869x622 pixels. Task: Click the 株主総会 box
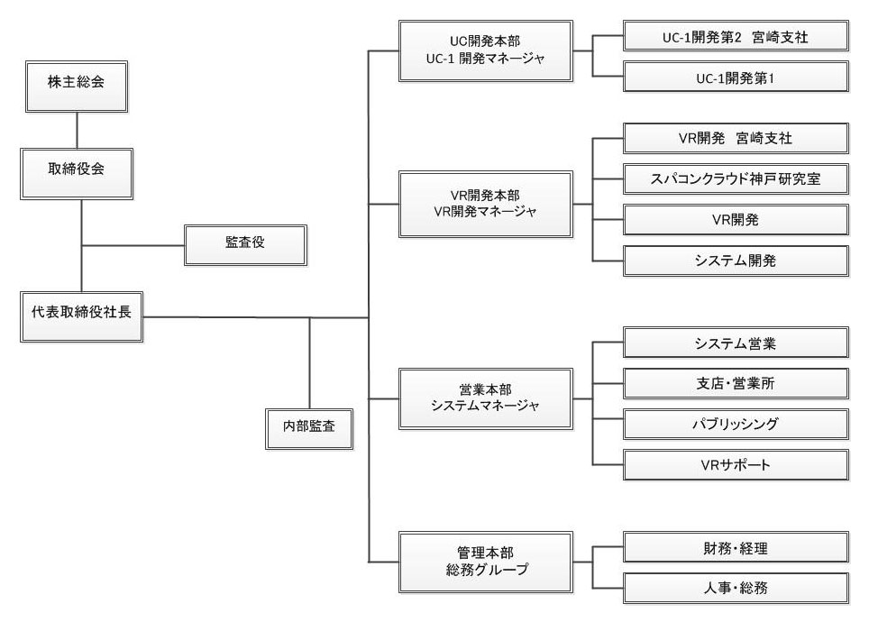tap(77, 87)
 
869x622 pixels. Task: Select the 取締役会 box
tap(77, 173)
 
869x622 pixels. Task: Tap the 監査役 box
tap(245, 244)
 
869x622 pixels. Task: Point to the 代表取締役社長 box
tap(81, 316)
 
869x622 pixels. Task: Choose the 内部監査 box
tap(309, 428)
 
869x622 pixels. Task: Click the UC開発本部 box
tap(486, 51)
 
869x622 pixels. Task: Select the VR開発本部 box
tap(486, 204)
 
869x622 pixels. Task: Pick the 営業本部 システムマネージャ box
tap(486, 398)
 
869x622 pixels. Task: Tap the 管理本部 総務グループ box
tap(486, 563)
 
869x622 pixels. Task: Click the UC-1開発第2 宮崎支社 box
tap(736, 36)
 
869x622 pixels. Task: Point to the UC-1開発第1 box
tap(736, 77)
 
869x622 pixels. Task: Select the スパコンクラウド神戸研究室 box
tap(736, 178)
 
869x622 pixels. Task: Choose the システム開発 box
tap(736, 261)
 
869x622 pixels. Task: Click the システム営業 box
tap(736, 343)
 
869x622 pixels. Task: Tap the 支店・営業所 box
tap(736, 383)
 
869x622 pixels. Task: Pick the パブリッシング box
tap(736, 424)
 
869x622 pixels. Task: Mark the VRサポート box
tap(736, 465)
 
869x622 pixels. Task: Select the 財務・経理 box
tap(736, 547)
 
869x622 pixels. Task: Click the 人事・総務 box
tap(736, 588)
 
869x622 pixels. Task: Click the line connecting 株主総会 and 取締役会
tap(77, 131)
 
